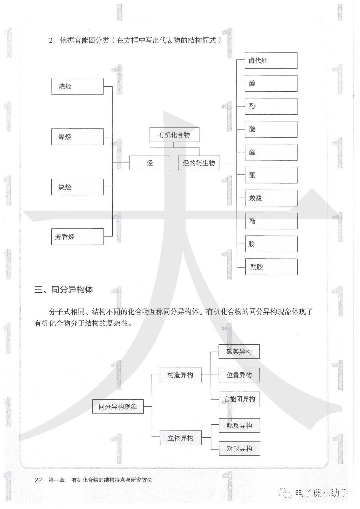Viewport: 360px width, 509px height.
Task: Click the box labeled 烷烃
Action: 77,86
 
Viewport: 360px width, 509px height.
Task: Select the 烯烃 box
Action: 77,137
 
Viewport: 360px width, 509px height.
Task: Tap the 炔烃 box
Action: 77,187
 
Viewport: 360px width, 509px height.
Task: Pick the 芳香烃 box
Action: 77,237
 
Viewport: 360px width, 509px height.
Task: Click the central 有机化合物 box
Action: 174,135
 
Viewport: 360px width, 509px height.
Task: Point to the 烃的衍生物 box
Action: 199,163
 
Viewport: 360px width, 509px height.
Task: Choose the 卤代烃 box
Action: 271,61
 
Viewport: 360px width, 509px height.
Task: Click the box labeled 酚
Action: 271,106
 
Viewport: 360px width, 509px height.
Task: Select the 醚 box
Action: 271,129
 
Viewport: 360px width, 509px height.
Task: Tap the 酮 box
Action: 271,175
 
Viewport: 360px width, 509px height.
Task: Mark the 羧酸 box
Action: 271,198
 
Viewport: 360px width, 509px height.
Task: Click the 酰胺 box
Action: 271,267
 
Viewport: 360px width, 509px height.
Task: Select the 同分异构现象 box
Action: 118,407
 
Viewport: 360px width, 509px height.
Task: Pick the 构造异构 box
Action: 180,375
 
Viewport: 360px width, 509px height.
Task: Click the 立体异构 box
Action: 181,438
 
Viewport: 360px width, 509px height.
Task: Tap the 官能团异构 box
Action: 239,399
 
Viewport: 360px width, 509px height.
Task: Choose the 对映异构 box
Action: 239,449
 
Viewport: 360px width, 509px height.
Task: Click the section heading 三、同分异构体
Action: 64,289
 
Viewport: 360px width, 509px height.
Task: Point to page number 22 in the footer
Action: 38,480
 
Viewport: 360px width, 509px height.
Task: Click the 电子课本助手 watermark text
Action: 321,493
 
